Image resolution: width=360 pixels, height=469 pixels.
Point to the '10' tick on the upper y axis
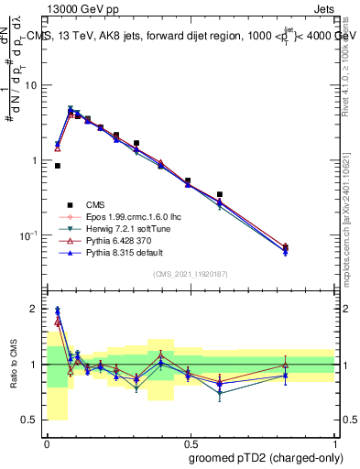[33, 85]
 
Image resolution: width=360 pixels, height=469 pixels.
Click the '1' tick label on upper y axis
[36, 160]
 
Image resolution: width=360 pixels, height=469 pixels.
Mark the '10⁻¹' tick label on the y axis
[31, 235]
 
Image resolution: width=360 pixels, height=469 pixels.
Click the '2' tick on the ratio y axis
[36, 309]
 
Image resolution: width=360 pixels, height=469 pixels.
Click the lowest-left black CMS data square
[58, 166]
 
